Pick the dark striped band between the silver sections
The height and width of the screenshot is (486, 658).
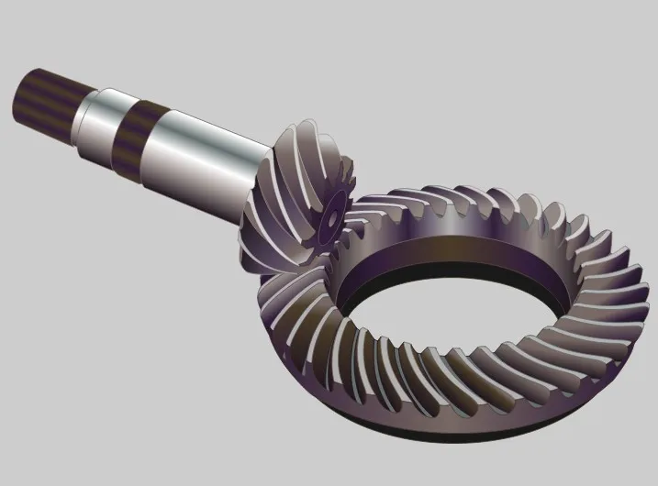(136, 134)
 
